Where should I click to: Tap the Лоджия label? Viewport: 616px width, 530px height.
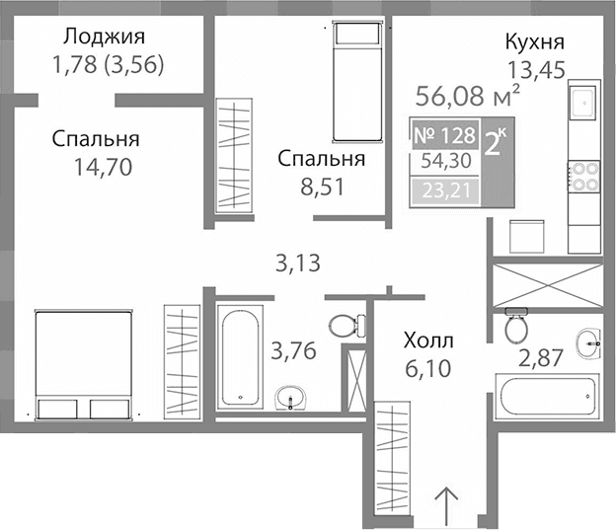[x=104, y=38]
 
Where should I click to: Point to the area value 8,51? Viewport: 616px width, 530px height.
[x=322, y=186]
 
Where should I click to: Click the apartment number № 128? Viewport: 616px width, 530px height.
[x=445, y=134]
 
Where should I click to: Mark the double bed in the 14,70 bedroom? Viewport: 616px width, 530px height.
[x=84, y=364]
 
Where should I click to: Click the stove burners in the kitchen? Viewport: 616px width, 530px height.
[x=582, y=176]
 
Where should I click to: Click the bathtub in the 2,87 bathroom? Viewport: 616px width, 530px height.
[x=549, y=397]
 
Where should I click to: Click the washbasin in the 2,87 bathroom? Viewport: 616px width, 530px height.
[x=589, y=344]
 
